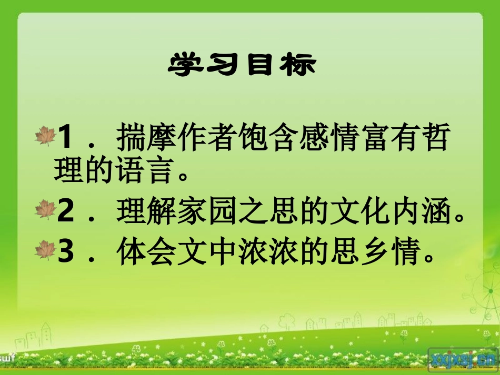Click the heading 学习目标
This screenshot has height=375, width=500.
[243, 65]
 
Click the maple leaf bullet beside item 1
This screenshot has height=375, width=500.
[45, 136]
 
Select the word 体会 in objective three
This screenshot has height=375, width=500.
[147, 252]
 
